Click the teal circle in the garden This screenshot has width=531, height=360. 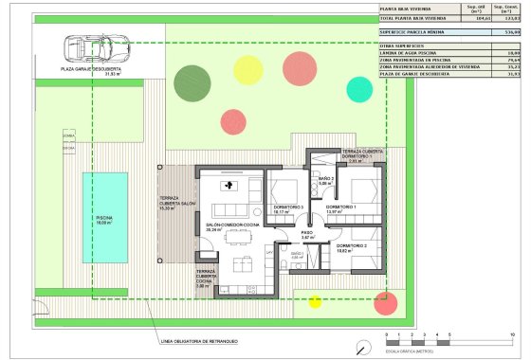tap(360, 88)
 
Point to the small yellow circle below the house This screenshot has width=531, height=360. tap(315, 302)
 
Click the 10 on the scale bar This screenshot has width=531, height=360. tap(511, 335)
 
